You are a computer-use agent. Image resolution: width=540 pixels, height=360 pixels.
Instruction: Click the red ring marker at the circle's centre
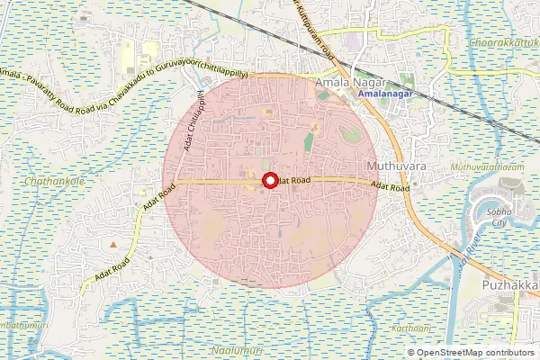pos(268,181)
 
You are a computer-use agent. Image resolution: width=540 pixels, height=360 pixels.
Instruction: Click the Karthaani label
pos(411,329)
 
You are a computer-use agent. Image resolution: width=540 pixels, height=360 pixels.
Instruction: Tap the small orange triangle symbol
pos(112,244)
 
